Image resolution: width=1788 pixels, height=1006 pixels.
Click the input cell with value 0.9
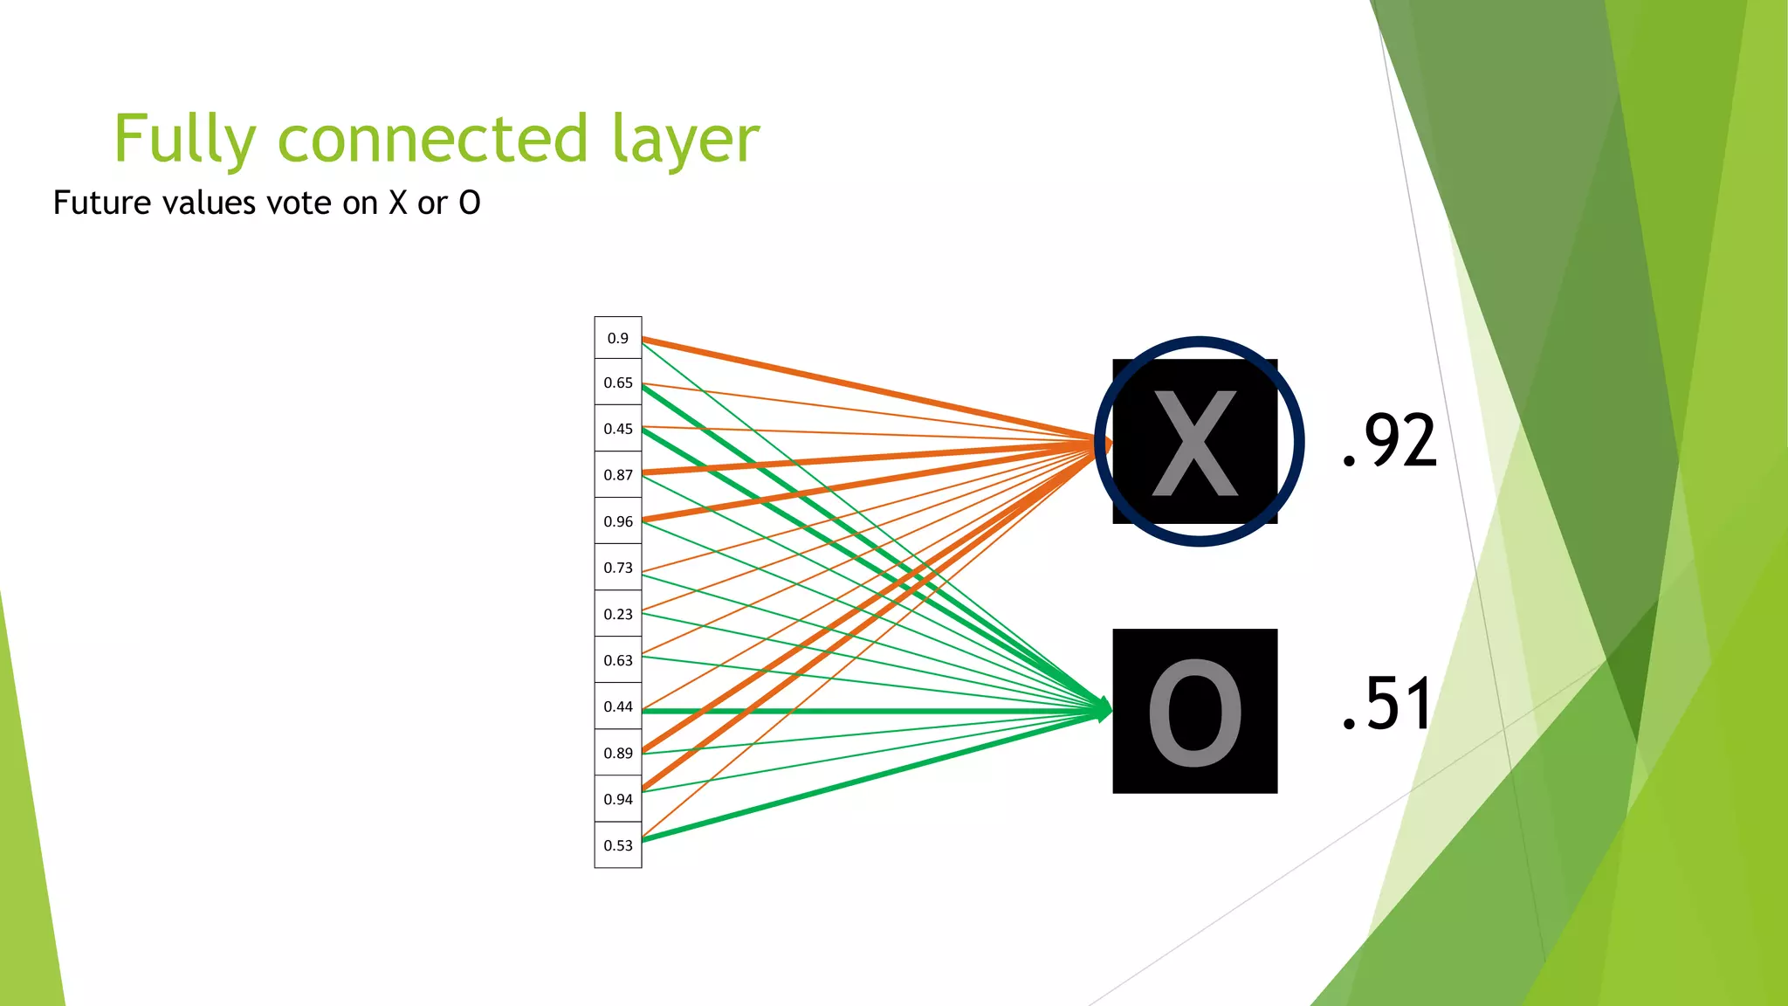click(x=618, y=338)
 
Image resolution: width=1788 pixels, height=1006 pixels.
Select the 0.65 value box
click(x=618, y=382)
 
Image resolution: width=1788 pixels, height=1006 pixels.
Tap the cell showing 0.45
click(x=618, y=429)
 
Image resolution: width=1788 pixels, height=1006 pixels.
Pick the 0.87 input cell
click(x=618, y=475)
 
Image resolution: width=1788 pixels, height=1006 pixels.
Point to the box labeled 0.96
click(x=618, y=521)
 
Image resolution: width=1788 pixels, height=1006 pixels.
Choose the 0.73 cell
click(x=618, y=568)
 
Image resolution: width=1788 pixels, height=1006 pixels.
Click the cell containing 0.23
click(x=618, y=614)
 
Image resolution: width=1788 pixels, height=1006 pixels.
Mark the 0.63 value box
click(x=618, y=660)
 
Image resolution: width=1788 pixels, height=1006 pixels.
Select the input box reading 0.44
click(x=618, y=706)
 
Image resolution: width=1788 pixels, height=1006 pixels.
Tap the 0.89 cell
click(x=618, y=753)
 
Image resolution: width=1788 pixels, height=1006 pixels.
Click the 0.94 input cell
click(x=618, y=799)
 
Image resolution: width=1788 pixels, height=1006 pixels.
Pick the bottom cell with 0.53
click(x=618, y=845)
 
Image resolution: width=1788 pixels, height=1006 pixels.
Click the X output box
click(x=1194, y=442)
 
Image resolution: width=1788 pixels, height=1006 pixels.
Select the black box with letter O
click(x=1194, y=711)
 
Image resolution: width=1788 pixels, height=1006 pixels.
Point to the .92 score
click(x=1389, y=441)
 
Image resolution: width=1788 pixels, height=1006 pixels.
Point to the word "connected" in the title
click(x=433, y=140)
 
